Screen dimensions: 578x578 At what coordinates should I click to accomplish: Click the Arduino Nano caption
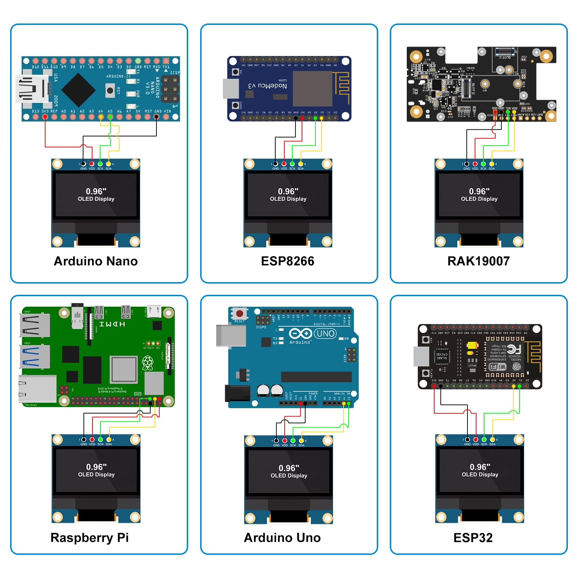pos(96,261)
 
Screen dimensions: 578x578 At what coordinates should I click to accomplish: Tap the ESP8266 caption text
pos(288,261)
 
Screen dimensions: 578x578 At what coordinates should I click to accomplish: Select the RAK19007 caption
pos(478,261)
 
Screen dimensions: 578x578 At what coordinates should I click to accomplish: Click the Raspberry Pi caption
pos(90,538)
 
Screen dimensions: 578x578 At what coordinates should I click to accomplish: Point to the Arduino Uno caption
pos(282,538)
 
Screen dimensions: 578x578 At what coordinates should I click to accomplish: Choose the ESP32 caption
pos(473,538)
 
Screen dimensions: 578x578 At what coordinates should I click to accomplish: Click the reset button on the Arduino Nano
pos(110,90)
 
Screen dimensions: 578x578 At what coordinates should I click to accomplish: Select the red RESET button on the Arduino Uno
pos(240,313)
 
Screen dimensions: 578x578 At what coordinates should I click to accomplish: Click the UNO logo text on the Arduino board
pos(325,333)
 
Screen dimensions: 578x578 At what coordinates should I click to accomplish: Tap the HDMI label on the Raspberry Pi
pos(112,324)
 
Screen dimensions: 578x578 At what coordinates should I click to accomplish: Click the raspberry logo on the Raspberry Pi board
pos(147,363)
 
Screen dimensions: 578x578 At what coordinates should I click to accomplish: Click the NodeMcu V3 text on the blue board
pos(267,85)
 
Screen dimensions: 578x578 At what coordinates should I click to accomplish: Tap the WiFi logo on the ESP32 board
pos(497,367)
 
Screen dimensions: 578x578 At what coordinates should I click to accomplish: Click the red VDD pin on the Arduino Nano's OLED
pos(92,164)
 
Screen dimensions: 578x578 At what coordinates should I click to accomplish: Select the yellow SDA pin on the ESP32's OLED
pos(492,440)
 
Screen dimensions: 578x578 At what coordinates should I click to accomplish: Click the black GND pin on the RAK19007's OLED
pos(467,164)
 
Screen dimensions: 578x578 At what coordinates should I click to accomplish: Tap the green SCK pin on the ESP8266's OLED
pos(292,164)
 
